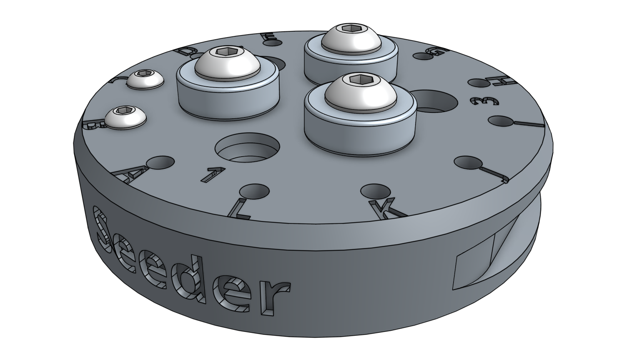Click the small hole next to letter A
point(161,162)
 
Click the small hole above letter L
point(254,191)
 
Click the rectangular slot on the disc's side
point(473,267)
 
